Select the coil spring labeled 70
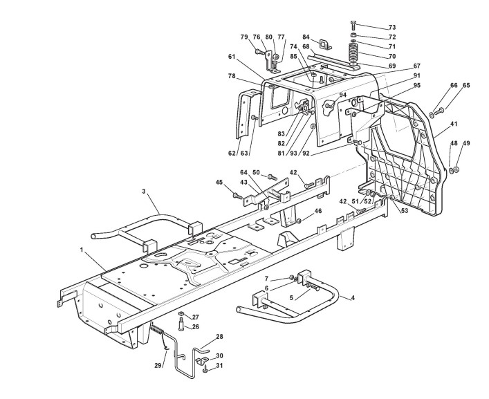[x=353, y=53]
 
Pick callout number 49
[x=466, y=143]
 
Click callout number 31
[x=219, y=367]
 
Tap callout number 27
[x=195, y=317]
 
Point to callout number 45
[x=219, y=183]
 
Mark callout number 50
[x=256, y=172]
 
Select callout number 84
[x=306, y=37]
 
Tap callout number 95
[x=416, y=85]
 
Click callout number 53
[x=404, y=211]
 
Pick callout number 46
[x=318, y=211]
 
